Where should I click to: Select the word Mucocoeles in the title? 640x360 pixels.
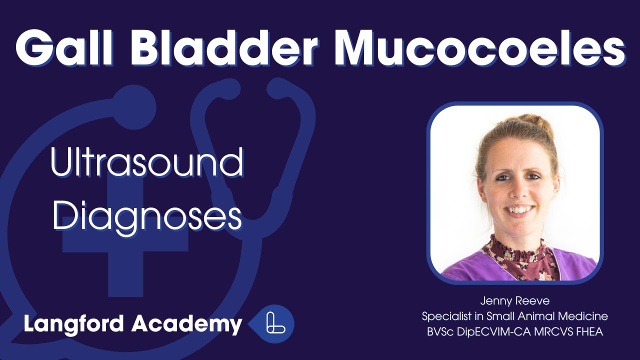(479, 46)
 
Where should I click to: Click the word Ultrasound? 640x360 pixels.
(147, 163)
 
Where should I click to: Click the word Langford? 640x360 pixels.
(74, 324)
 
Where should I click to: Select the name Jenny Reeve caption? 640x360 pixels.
(514, 301)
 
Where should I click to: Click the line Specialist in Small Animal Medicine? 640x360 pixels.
(514, 316)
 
